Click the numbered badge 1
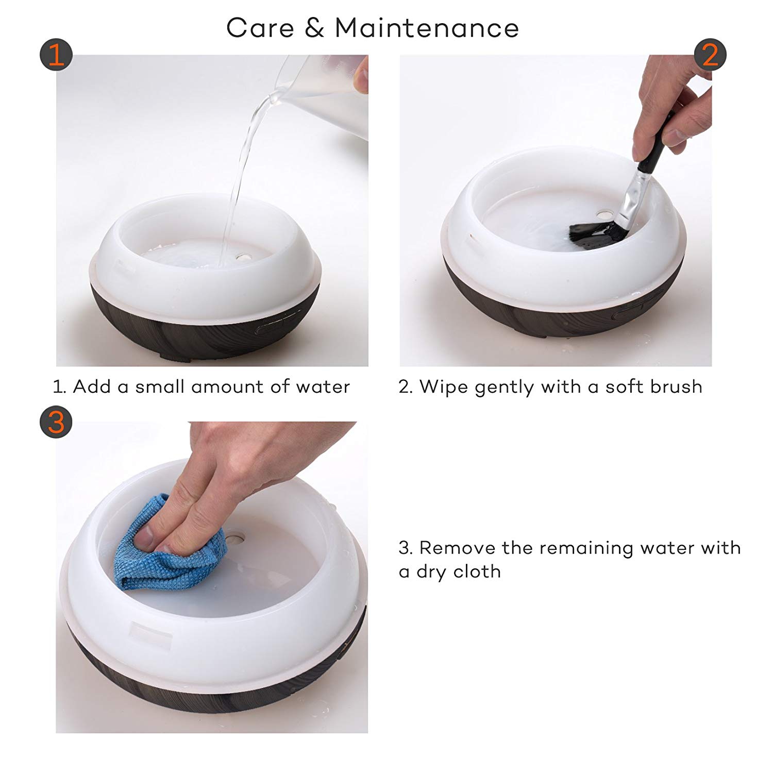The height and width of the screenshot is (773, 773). point(56,56)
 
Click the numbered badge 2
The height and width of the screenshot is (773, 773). point(710,55)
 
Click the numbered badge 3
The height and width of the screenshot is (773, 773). point(56,422)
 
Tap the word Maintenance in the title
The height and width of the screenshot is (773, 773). point(427,28)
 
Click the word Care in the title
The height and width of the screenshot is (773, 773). point(260,28)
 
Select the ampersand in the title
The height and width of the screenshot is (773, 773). point(314,28)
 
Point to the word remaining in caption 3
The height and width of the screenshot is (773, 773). point(587,548)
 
